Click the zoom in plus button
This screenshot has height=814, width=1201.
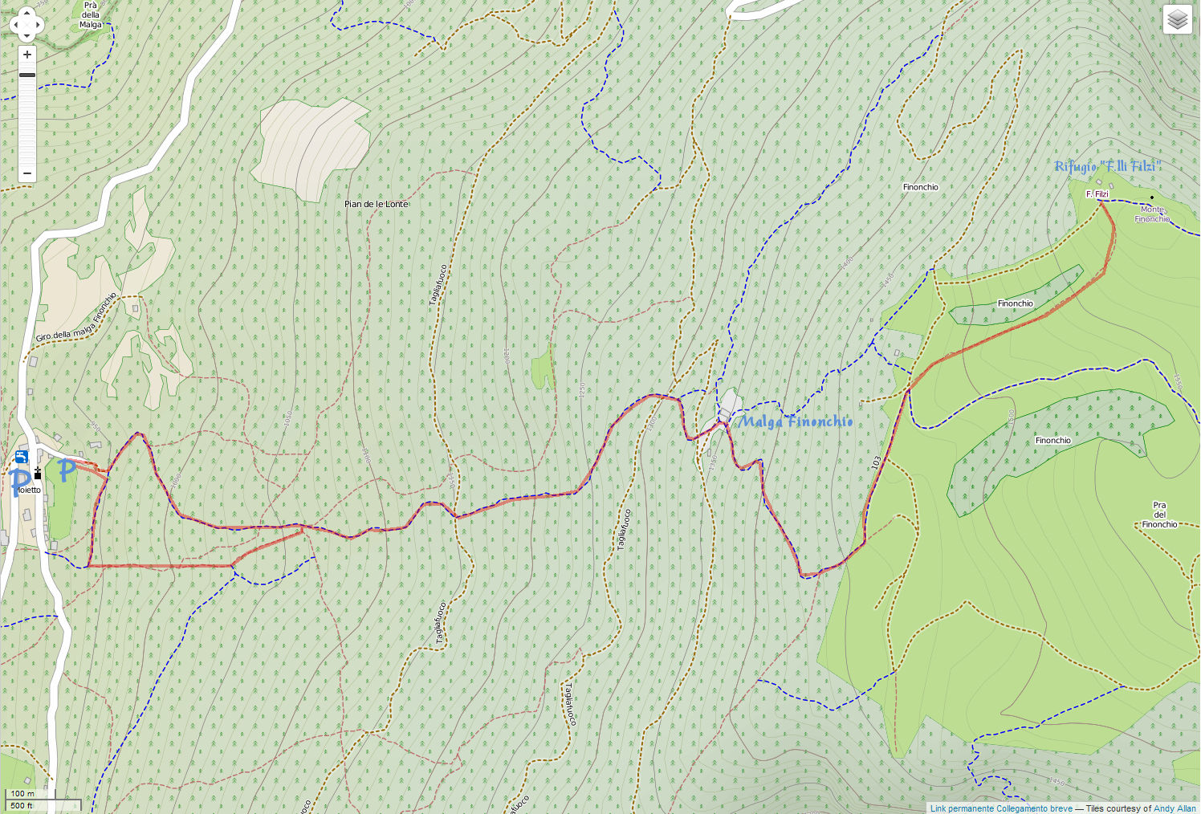coord(26,55)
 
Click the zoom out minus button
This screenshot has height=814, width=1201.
coord(26,173)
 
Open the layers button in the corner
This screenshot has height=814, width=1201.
coord(1177,19)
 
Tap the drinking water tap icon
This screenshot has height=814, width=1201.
coord(22,457)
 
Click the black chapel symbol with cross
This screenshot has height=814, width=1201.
coord(37,474)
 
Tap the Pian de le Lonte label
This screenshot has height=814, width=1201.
coord(377,204)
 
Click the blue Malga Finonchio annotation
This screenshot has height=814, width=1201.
coord(795,421)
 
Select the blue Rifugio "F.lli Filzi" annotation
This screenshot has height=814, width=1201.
coord(1108,166)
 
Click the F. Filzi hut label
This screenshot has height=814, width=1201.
coord(1097,194)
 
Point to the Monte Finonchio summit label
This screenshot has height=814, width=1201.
coord(1152,214)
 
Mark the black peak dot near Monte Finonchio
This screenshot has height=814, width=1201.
coord(1152,197)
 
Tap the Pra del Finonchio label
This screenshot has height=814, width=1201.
coord(1159,515)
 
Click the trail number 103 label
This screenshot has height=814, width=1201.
coord(876,463)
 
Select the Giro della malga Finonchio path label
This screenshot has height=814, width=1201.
coord(76,318)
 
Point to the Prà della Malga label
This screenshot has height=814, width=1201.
coord(91,14)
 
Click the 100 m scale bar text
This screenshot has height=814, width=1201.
coord(22,794)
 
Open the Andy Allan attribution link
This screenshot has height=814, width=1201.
coord(1175,808)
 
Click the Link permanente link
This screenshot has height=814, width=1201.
coord(962,808)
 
